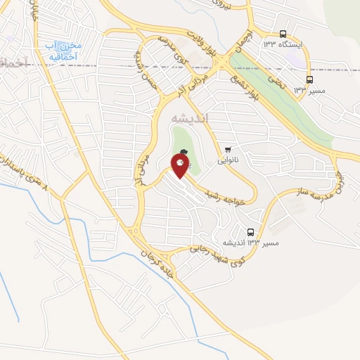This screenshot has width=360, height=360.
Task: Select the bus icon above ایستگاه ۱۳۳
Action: [283, 34]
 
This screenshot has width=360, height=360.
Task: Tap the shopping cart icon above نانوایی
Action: [228, 149]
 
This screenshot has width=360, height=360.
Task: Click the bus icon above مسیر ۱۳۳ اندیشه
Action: [251, 232]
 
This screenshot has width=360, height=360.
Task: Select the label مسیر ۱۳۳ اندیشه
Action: [251, 243]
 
